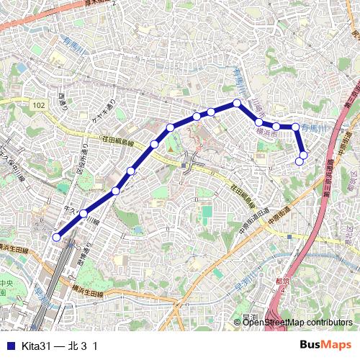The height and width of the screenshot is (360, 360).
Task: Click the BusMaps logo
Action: (x=325, y=345)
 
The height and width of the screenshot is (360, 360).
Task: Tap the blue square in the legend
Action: (x=10, y=346)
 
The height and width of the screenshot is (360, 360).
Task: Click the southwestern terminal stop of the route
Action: (x=57, y=236)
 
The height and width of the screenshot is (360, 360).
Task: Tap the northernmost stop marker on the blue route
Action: (x=236, y=103)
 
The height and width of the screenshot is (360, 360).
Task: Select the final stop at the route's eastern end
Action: (x=300, y=162)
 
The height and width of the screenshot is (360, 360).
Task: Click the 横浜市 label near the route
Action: (x=266, y=132)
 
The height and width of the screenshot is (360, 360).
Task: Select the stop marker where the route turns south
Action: (x=295, y=127)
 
